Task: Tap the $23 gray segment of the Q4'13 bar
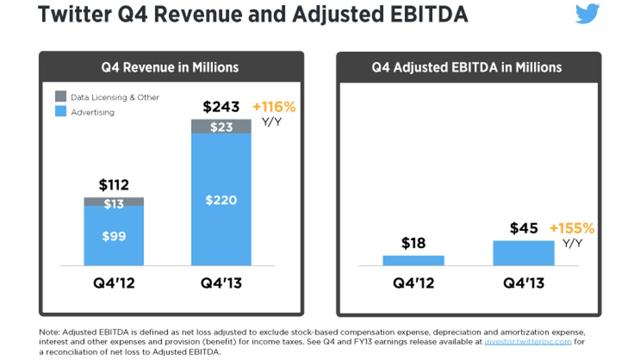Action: (221, 126)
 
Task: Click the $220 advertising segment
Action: (221, 200)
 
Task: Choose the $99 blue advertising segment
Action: (114, 236)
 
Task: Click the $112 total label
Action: (114, 185)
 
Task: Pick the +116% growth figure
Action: (274, 107)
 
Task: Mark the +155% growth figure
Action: (572, 228)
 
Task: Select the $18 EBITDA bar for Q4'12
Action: (413, 260)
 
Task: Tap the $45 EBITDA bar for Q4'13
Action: (524, 253)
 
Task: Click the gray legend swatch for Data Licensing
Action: (61, 97)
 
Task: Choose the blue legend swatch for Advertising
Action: (61, 112)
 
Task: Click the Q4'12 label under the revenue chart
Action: (114, 283)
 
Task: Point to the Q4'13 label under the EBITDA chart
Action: (524, 283)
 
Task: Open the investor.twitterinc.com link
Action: (528, 342)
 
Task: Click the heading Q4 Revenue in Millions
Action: (171, 67)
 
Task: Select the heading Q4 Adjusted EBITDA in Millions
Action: (467, 67)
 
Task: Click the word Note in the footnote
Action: (49, 332)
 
